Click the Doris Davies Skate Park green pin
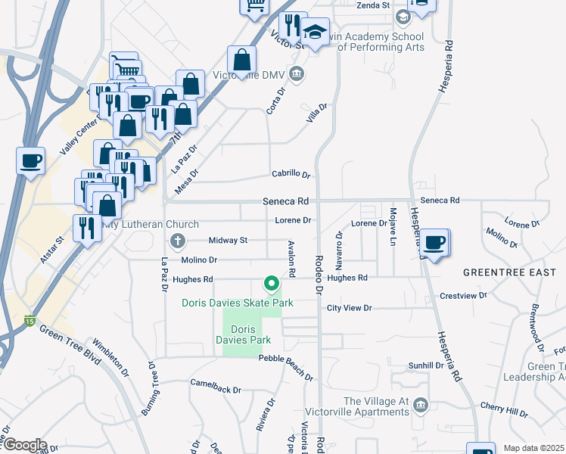(271, 285)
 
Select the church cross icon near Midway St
(178, 242)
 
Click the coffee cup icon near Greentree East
(434, 243)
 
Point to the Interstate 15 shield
(30, 321)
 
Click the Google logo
(24, 445)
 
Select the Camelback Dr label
(215, 389)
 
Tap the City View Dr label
(349, 308)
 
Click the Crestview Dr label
(462, 295)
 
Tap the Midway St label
(228, 241)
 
